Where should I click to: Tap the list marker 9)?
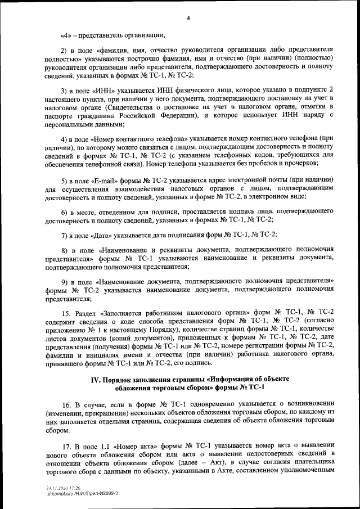click(x=65, y=280)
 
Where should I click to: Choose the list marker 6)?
click(x=65, y=212)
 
